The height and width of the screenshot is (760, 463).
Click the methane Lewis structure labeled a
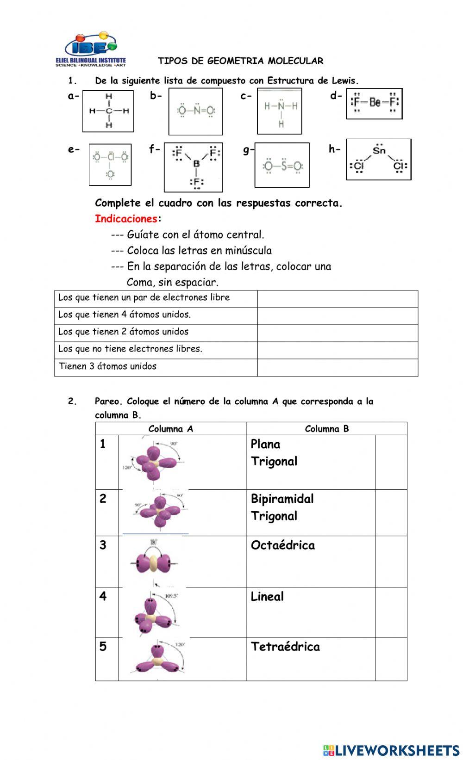click(108, 111)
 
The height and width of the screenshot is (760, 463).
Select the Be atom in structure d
click(375, 103)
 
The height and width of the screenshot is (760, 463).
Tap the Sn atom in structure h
click(379, 150)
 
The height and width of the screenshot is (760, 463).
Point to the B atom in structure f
click(196, 164)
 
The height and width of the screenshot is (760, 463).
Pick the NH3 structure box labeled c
click(280, 111)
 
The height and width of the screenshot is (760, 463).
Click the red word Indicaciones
click(126, 218)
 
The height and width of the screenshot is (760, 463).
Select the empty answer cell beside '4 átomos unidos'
click(338, 316)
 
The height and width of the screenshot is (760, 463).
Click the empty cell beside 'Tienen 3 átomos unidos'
click(338, 367)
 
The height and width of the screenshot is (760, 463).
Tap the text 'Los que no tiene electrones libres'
click(130, 349)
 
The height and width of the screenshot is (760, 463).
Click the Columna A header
click(171, 428)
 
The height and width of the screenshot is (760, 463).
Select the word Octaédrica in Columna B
click(282, 545)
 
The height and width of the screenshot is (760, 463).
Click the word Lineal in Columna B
click(267, 597)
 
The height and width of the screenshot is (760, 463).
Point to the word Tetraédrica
click(285, 647)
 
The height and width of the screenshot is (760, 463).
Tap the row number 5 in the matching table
click(103, 647)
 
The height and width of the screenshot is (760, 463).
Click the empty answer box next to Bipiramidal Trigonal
click(391, 513)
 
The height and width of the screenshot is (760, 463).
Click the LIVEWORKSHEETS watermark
click(391, 750)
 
